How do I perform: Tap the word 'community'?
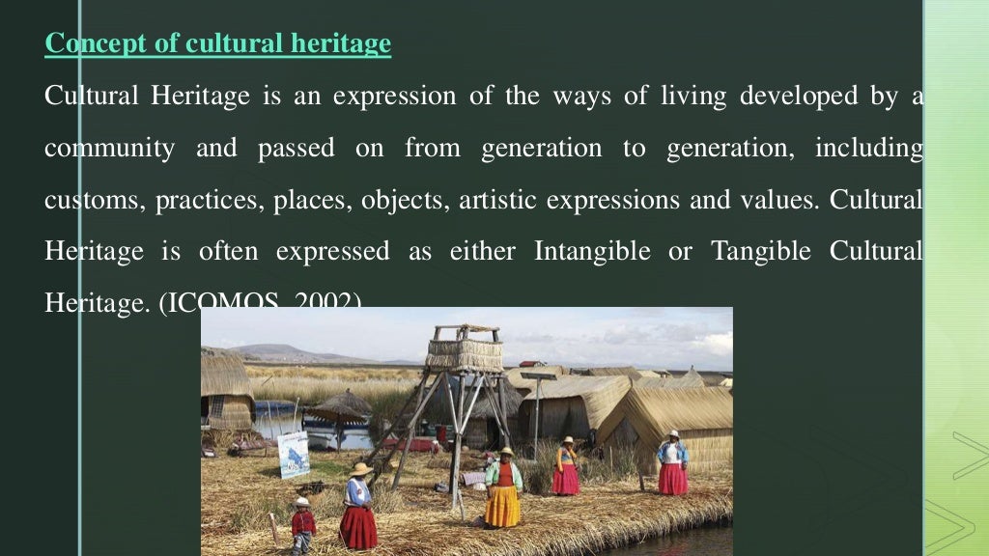pyautogui.click(x=109, y=150)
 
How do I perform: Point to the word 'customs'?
pyautogui.click(x=76, y=202)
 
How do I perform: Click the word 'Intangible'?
pyautogui.click(x=591, y=252)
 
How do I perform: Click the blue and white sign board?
pyautogui.click(x=294, y=454)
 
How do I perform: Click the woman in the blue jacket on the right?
pyautogui.click(x=672, y=463)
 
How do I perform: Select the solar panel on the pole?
pyautogui.click(x=537, y=375)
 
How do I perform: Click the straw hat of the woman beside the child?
pyautogui.click(x=361, y=469)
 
